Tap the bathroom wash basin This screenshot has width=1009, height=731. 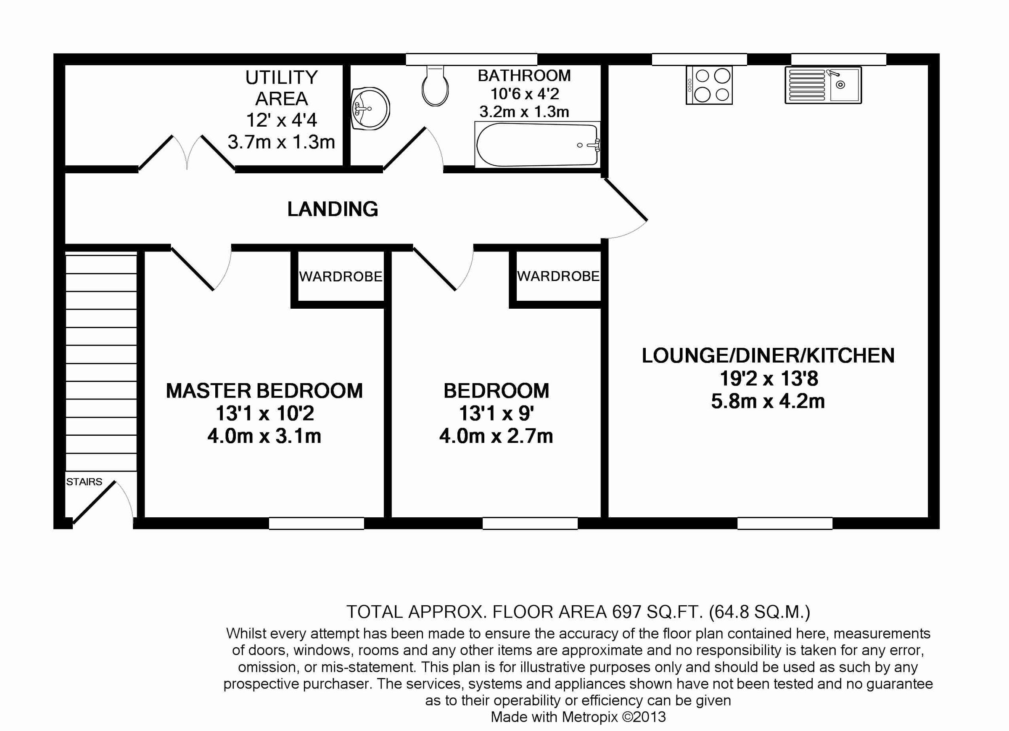click(370, 109)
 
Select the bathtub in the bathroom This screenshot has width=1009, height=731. click(537, 145)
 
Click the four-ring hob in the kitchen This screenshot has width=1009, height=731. click(709, 85)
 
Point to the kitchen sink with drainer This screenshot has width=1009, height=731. click(823, 85)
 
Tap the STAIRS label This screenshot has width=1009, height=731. click(84, 482)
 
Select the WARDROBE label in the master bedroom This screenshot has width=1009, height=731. click(341, 277)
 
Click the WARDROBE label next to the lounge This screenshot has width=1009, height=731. click(558, 276)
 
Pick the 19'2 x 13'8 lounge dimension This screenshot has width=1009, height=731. click(769, 379)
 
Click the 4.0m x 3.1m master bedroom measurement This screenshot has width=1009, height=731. click(264, 436)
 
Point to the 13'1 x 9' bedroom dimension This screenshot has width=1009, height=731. click(496, 413)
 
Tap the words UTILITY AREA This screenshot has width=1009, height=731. click(281, 88)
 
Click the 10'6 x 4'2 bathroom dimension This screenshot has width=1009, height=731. click(524, 94)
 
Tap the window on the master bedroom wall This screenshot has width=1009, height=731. click(316, 523)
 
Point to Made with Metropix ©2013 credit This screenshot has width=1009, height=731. click(578, 717)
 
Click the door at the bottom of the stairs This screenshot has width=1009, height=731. click(94, 502)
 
